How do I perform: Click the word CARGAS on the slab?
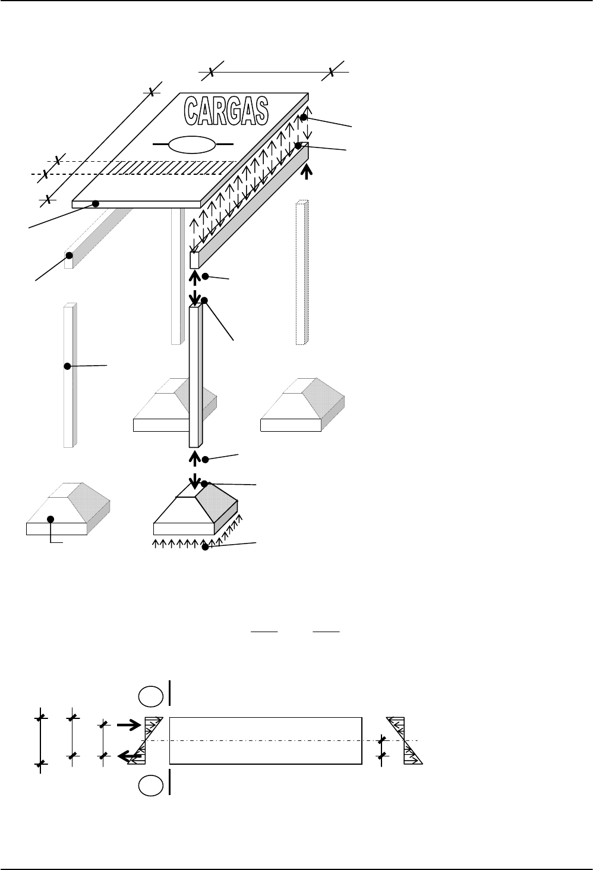[226, 111]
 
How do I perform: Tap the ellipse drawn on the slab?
[192, 145]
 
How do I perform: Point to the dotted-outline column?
[302, 272]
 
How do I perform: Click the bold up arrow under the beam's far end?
[307, 172]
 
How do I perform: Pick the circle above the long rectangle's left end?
[151, 696]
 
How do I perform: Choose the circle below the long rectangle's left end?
[151, 786]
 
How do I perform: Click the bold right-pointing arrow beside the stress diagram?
[129, 725]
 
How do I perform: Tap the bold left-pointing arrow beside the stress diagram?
[130, 756]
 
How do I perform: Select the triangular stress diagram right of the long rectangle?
[405, 741]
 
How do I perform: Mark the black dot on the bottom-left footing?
[51, 519]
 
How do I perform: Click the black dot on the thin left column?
[67, 366]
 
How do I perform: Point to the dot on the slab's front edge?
[96, 204]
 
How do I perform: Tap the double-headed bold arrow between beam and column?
[195, 288]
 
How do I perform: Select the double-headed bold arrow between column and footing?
[195, 470]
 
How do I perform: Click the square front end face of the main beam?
[194, 260]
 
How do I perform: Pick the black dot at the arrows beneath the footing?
[206, 547]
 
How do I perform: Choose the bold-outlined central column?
[196, 376]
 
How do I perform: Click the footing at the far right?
[302, 405]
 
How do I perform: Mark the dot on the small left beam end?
[69, 256]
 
